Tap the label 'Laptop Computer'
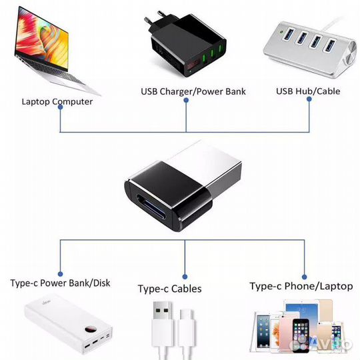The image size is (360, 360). [x=57, y=102]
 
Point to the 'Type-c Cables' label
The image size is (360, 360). [x=169, y=289]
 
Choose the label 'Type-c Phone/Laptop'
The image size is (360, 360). [x=301, y=286]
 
